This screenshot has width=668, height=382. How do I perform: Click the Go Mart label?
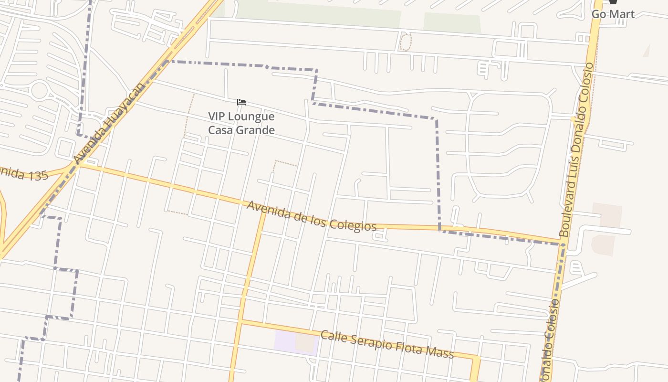tap(613, 14)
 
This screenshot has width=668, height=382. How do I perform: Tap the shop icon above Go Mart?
tap(613, 2)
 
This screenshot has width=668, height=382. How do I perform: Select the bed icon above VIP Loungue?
tap(241, 102)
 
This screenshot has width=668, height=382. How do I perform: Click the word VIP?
tap(218, 117)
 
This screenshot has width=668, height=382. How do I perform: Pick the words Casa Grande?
tap(241, 130)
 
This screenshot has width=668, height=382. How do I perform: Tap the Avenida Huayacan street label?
tap(109, 123)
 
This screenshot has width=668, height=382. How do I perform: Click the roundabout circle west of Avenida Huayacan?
tap(39, 90)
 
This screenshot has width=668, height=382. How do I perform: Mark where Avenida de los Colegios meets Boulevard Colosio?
tap(562, 243)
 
